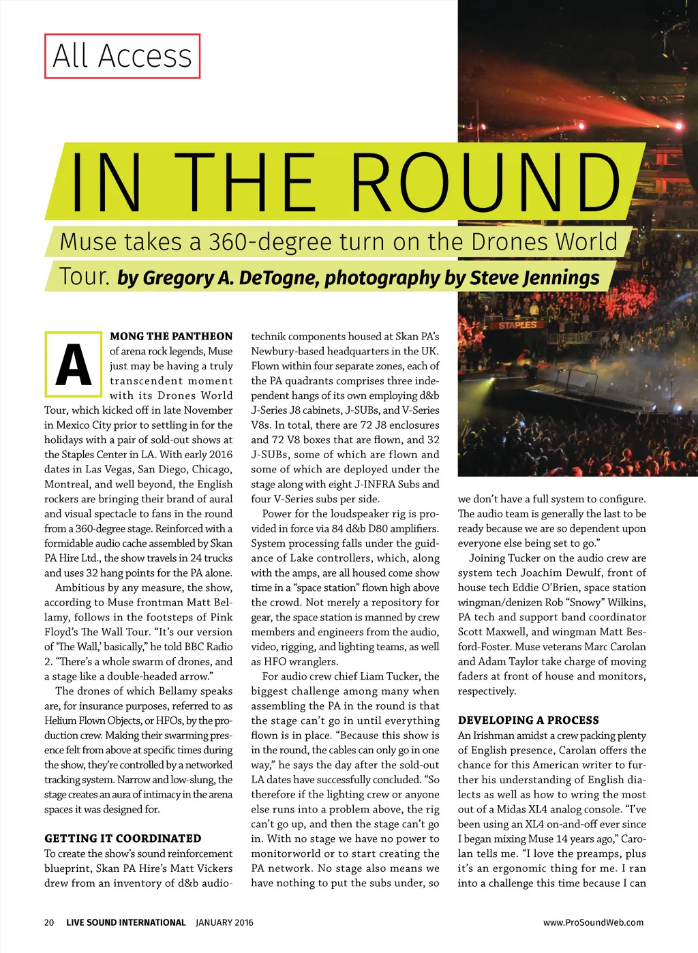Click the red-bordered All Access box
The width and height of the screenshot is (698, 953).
[x=123, y=56]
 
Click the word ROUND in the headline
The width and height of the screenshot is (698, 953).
[x=485, y=182]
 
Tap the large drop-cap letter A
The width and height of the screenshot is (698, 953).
[x=73, y=365]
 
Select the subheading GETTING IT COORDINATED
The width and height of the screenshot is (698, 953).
[x=123, y=838]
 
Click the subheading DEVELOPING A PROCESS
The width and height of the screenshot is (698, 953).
[x=528, y=721]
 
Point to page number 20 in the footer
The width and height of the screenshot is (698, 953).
[x=49, y=922]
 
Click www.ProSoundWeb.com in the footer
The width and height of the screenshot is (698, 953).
[x=593, y=922]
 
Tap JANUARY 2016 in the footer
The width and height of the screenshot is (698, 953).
[x=224, y=922]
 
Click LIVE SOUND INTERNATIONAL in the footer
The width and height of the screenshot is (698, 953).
[x=125, y=922]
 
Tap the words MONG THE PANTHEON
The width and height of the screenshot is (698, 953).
[x=171, y=336]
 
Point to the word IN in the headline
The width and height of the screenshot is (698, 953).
[x=106, y=182]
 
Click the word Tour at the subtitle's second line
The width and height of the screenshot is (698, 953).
[x=85, y=277]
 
